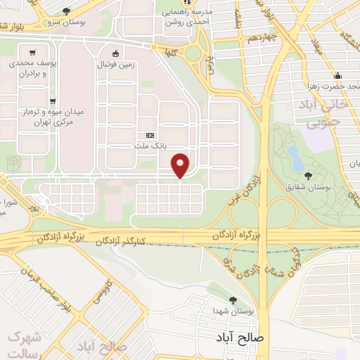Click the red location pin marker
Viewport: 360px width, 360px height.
pos(181,165)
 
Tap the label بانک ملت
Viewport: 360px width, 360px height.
pos(149,146)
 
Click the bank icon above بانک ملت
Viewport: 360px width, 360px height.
pos(149,135)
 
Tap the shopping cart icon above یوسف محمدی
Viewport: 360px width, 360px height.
pos(32,52)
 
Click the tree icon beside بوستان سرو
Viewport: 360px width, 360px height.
pos(66,11)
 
